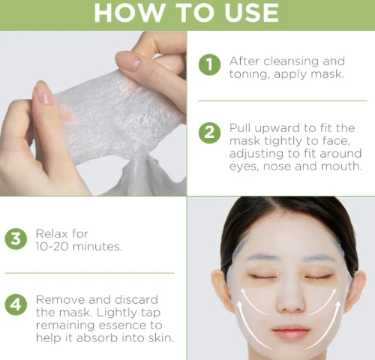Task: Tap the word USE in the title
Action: coord(251,13)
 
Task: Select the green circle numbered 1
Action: coord(209,64)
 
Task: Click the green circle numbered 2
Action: coord(209,133)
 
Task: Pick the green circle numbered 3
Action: coord(16,238)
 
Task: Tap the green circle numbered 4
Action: coord(16,304)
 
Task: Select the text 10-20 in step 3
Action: coord(52,247)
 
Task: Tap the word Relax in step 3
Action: coord(52,234)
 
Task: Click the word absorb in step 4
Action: coord(97,338)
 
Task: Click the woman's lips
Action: coord(291,332)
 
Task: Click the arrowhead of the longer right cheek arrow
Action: coord(337,304)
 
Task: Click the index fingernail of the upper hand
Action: coord(127,61)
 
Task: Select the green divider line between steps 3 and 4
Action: coord(89,273)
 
